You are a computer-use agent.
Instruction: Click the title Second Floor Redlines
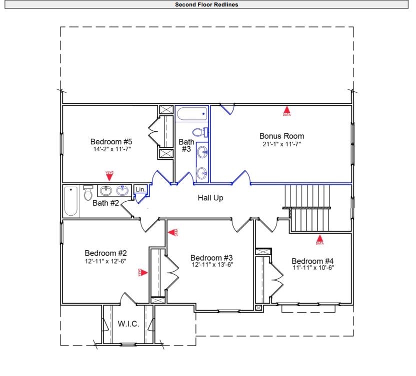(207, 4)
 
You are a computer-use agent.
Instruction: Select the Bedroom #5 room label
(111, 141)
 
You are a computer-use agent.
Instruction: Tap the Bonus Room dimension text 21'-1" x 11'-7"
(281, 144)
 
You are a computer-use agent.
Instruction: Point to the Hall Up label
(210, 198)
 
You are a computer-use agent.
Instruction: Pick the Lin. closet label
(140, 190)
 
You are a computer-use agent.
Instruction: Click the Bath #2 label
(105, 203)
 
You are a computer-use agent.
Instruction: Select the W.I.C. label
(128, 324)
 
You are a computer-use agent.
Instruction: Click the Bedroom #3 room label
(211, 257)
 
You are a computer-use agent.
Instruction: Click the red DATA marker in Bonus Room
(286, 110)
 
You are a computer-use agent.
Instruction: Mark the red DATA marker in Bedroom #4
(319, 239)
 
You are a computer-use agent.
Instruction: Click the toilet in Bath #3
(199, 132)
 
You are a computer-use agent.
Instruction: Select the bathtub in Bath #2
(71, 201)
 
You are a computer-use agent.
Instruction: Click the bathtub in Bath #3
(191, 114)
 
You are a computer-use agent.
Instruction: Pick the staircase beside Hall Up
(309, 207)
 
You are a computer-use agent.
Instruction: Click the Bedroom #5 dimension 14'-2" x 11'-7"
(111, 149)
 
